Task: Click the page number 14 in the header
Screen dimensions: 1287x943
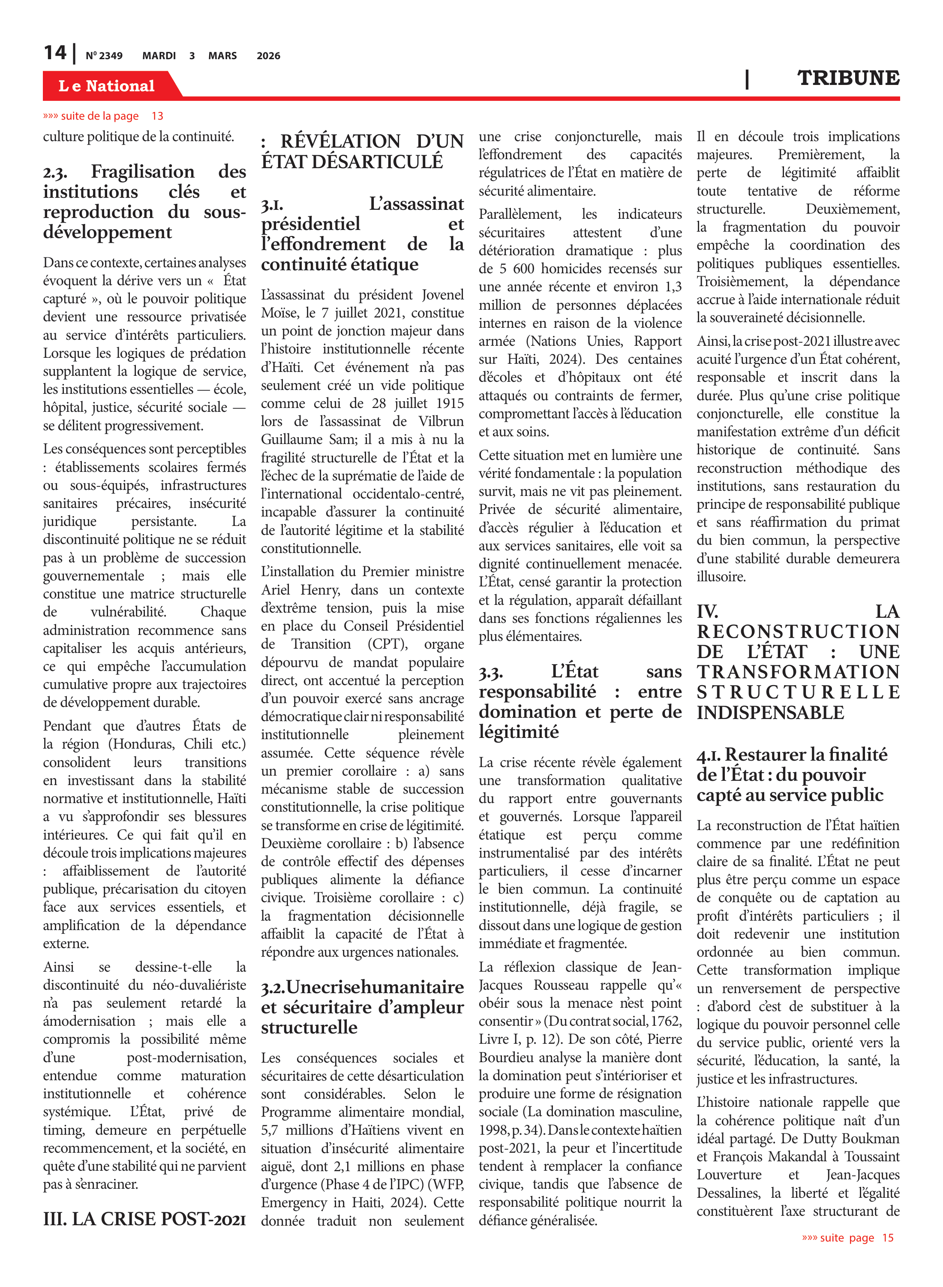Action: click(x=55, y=53)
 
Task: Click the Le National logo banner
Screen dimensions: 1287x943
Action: click(x=107, y=86)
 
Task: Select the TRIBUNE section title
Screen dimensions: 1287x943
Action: click(x=848, y=78)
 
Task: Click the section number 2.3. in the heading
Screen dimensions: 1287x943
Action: click(x=55, y=172)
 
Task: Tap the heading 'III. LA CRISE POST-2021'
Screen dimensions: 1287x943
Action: click(x=144, y=1219)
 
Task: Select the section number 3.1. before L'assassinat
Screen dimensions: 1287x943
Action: click(x=272, y=205)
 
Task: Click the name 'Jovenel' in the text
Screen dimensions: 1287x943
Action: click(x=443, y=295)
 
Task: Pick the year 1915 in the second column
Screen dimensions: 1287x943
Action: click(x=450, y=403)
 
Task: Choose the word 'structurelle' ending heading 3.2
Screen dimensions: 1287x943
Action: click(x=309, y=1027)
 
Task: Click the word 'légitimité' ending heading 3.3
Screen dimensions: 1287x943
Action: click(x=518, y=732)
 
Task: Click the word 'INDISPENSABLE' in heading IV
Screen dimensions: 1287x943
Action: click(x=770, y=713)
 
